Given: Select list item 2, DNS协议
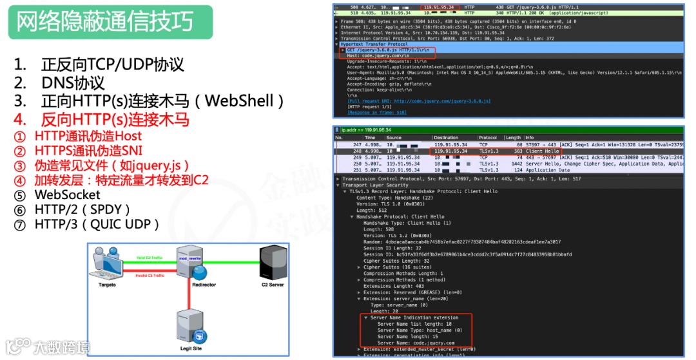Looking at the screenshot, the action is tap(73, 83).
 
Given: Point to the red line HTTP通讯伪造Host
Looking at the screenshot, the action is tap(88, 136).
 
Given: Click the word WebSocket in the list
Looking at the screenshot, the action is tap(67, 194).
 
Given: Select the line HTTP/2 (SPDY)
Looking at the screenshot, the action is tap(82, 209).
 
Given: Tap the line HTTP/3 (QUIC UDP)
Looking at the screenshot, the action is tap(97, 224).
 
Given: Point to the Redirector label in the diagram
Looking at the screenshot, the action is tap(204, 285).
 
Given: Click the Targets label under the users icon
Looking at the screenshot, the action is tap(107, 285).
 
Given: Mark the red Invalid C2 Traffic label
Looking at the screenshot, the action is tap(149, 275).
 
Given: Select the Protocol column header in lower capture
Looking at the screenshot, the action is tap(488, 137).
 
